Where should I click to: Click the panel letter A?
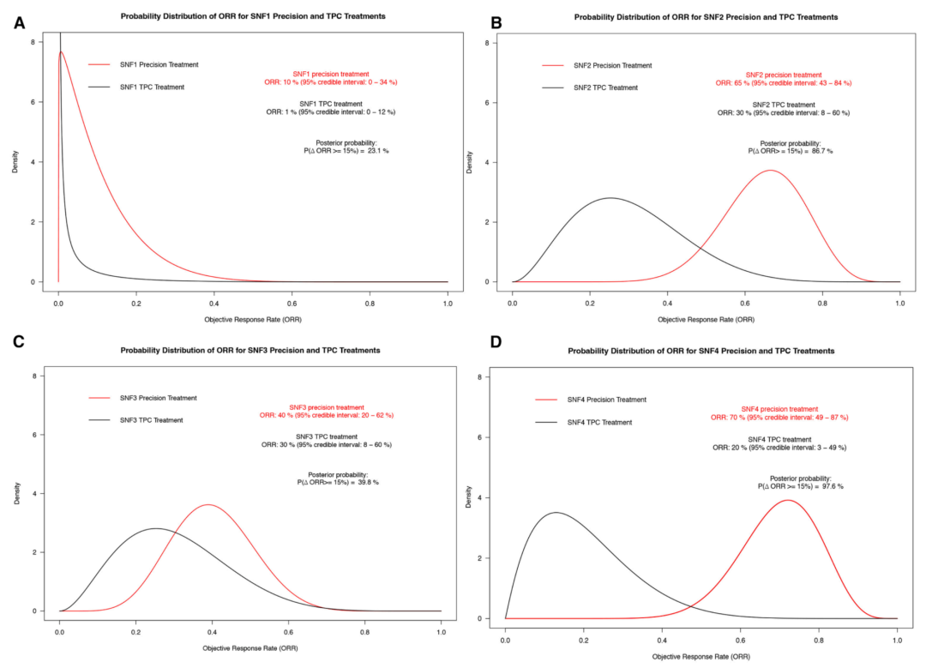19,23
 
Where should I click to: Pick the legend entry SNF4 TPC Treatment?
600,422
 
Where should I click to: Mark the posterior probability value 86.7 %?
818,151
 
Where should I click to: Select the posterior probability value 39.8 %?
364,482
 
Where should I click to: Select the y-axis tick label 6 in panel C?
33,435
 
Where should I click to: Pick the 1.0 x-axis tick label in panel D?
897,640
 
